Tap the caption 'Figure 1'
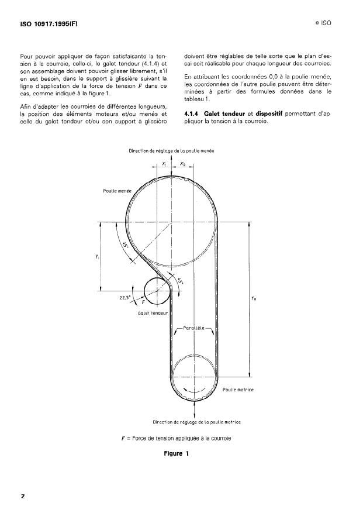click(181, 452)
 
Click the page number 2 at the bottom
click(23, 496)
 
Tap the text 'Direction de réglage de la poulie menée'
click(171, 151)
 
